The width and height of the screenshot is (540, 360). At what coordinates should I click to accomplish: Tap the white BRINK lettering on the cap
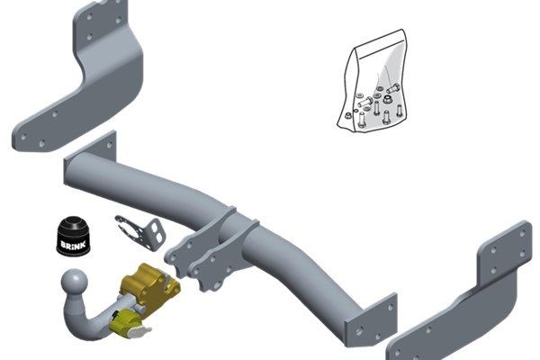pyautogui.click(x=72, y=245)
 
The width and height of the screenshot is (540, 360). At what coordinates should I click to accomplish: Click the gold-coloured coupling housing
pyautogui.click(x=148, y=285)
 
